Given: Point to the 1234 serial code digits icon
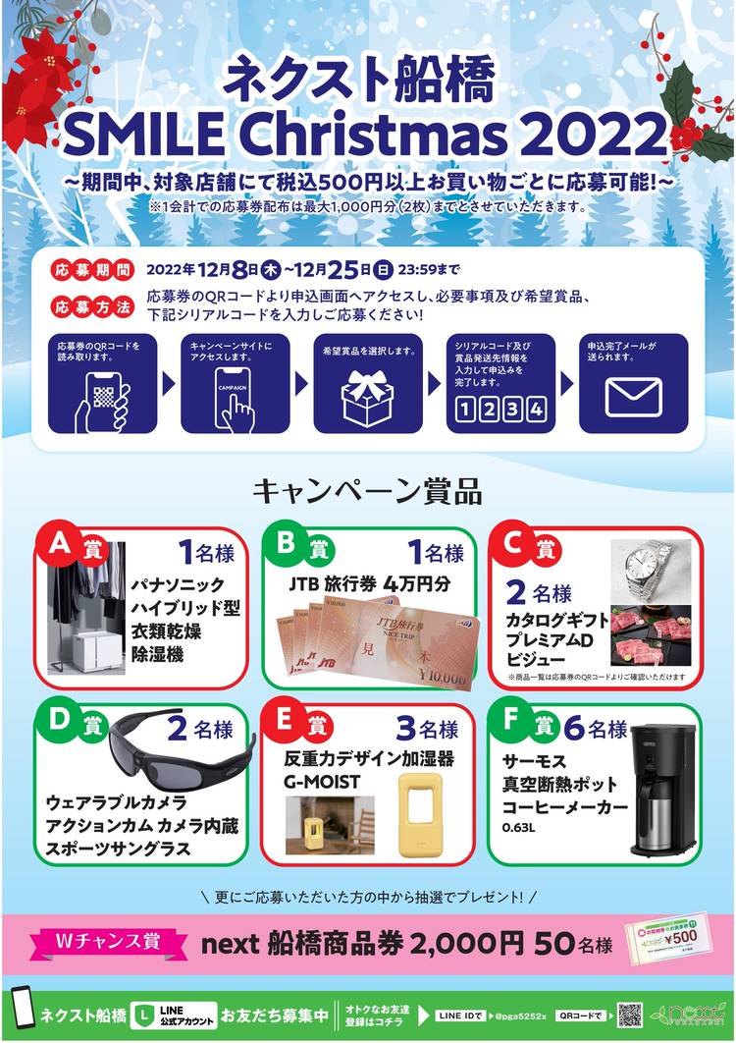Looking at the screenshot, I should [x=501, y=410].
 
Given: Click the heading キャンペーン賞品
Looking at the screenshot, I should [x=367, y=490].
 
